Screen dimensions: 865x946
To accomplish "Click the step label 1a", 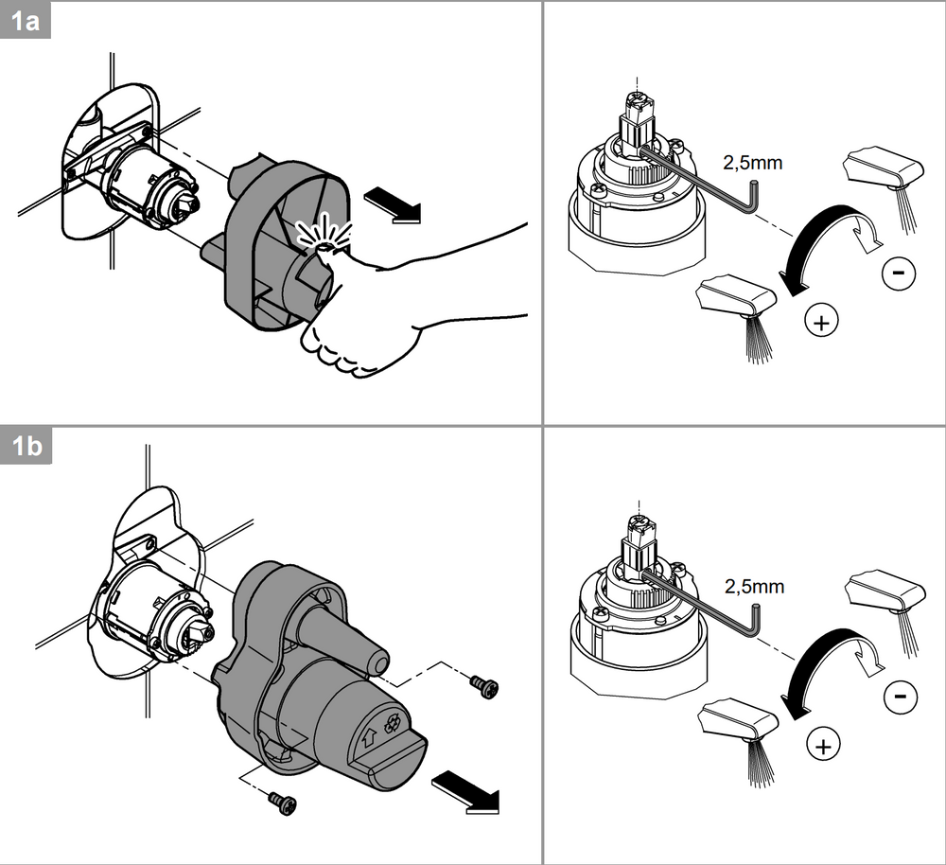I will [x=26, y=22].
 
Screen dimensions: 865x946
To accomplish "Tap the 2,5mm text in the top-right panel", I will [x=754, y=163].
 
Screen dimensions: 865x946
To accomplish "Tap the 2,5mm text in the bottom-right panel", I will [x=754, y=586].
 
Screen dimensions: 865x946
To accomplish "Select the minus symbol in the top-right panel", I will [x=898, y=274].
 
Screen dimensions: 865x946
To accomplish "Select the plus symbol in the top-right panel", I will [x=822, y=322].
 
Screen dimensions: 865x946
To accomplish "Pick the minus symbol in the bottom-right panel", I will [x=899, y=698].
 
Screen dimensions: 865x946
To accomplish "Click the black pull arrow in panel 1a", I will [x=392, y=203].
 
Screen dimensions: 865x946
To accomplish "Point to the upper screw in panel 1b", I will [x=486, y=687].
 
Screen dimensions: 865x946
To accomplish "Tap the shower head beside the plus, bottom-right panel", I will [x=736, y=721].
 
